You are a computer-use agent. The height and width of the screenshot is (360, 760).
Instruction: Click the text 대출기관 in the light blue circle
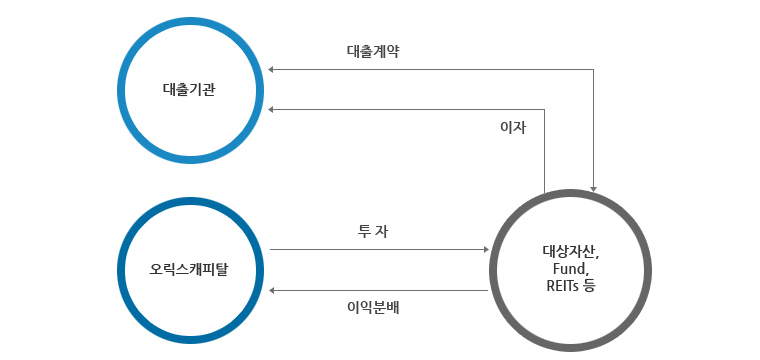[189, 89]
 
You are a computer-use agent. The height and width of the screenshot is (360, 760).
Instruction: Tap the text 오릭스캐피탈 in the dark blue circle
[189, 269]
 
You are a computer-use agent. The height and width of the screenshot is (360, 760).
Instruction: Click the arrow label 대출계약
[372, 51]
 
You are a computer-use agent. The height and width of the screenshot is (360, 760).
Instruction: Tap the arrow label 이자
[512, 128]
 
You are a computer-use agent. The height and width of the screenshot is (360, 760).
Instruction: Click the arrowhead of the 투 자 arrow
[486, 249]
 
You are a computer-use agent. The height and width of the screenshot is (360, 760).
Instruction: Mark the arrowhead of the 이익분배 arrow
[273, 290]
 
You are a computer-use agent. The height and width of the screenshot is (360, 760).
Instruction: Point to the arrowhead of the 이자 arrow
[273, 109]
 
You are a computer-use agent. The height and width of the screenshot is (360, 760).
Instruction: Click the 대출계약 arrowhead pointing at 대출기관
[273, 70]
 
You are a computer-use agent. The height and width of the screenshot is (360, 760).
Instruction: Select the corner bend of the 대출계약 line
[594, 70]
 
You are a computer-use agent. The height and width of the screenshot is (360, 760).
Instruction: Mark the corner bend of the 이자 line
[545, 109]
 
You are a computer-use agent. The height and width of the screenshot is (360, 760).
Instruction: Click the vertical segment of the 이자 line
[545, 150]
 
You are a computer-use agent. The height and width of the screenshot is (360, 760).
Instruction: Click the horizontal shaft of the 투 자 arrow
[380, 249]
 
